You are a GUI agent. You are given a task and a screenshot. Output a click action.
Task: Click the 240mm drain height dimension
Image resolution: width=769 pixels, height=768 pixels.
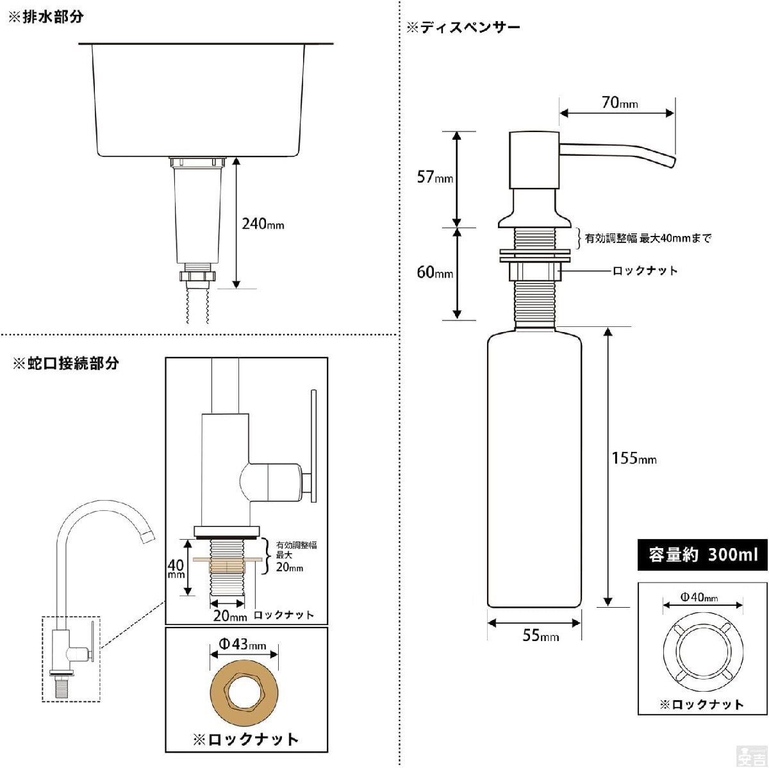pyautogui.click(x=263, y=224)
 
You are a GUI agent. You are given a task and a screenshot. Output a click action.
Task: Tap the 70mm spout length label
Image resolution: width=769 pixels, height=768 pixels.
pyautogui.click(x=620, y=103)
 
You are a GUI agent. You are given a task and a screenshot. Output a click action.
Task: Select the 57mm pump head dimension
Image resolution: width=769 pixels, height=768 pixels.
pyautogui.click(x=434, y=176)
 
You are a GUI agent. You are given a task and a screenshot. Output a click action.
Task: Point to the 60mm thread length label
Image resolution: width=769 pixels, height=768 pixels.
pyautogui.click(x=434, y=272)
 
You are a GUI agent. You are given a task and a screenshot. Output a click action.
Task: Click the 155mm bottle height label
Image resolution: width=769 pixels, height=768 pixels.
pyautogui.click(x=634, y=458)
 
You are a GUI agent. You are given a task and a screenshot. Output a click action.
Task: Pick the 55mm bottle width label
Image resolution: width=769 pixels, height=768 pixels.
pyautogui.click(x=540, y=635)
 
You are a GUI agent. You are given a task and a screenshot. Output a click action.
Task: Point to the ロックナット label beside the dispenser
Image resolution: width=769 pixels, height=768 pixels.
pyautogui.click(x=645, y=271)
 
